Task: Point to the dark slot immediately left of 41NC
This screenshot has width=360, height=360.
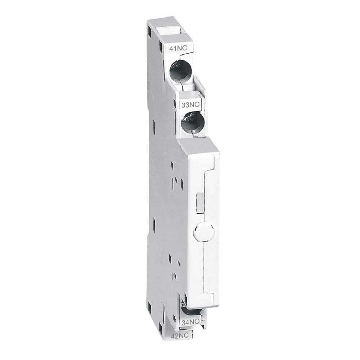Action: [158, 47]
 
